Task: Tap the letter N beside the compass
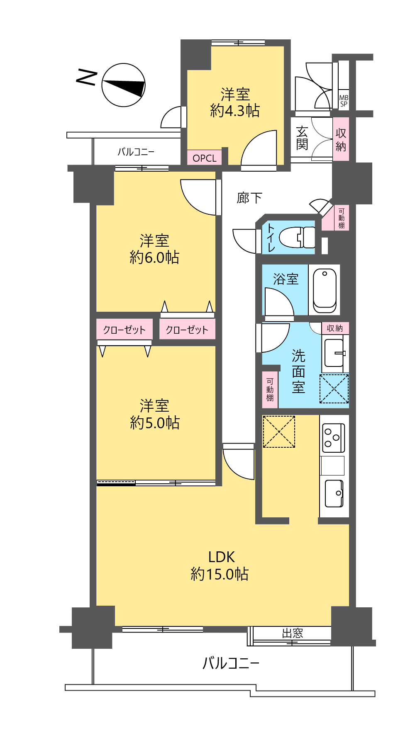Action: click(x=87, y=78)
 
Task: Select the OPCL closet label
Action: click(x=205, y=158)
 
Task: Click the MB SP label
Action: click(x=344, y=101)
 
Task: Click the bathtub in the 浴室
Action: click(x=325, y=291)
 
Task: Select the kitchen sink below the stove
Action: click(x=334, y=493)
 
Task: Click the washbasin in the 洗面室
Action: click(x=334, y=353)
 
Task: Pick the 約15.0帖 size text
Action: click(x=220, y=574)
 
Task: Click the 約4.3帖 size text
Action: click(x=235, y=111)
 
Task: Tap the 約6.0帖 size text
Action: click(x=154, y=257)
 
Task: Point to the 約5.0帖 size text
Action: click(x=155, y=422)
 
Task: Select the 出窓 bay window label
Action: click(x=293, y=633)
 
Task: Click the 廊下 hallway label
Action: click(x=249, y=198)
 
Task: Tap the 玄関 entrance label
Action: click(x=302, y=138)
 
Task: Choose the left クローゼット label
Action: click(x=124, y=330)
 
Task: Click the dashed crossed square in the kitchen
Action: click(x=279, y=432)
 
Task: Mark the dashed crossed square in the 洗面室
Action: click(x=334, y=388)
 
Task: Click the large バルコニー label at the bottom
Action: click(x=231, y=663)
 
